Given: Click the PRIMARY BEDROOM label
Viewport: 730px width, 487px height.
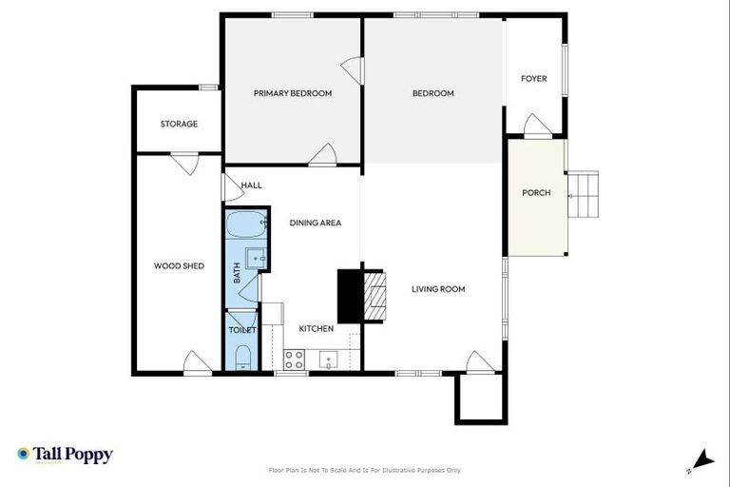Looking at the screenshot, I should (292, 93).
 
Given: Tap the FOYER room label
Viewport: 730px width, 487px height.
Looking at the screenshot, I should (534, 79).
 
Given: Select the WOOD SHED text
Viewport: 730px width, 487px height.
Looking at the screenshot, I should (179, 266).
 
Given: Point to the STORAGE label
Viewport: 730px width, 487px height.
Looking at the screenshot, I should (179, 124).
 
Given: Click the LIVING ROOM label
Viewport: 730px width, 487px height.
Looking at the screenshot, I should (438, 289).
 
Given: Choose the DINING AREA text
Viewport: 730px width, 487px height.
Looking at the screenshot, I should (315, 223).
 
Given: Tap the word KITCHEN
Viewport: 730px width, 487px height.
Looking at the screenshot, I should (317, 329).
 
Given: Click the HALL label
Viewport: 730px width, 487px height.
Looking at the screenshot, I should (251, 185).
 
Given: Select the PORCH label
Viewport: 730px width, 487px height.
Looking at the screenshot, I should (536, 193).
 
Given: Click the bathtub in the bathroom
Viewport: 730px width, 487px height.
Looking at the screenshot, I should (245, 226).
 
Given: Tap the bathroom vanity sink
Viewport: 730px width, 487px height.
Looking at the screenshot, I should (255, 257).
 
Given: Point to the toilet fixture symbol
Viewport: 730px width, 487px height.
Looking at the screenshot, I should (242, 358).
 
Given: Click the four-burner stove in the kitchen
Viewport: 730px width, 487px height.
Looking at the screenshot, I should (295, 360).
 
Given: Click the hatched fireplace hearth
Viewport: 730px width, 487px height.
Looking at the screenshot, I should (375, 297).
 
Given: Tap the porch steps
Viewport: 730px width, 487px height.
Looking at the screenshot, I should (584, 196).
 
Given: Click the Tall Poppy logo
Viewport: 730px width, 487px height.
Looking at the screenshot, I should (65, 455).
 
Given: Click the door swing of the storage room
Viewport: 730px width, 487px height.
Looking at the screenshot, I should (184, 164).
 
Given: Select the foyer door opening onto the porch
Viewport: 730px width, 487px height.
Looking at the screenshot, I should (537, 127).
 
